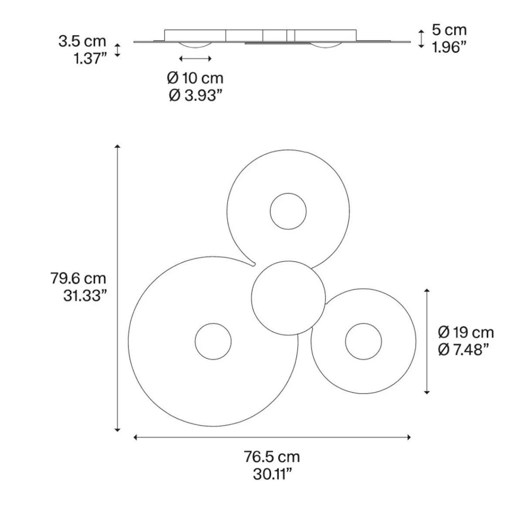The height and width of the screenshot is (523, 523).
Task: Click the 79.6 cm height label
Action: click(x=78, y=278)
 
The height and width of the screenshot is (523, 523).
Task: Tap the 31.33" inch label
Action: click(x=85, y=295)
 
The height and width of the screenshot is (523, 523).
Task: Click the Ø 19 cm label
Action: click(x=466, y=332)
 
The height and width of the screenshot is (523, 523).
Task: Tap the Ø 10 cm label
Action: click(x=195, y=78)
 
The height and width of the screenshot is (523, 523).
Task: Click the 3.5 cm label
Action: click(x=82, y=41)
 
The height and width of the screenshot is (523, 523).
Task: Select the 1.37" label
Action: click(x=90, y=58)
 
